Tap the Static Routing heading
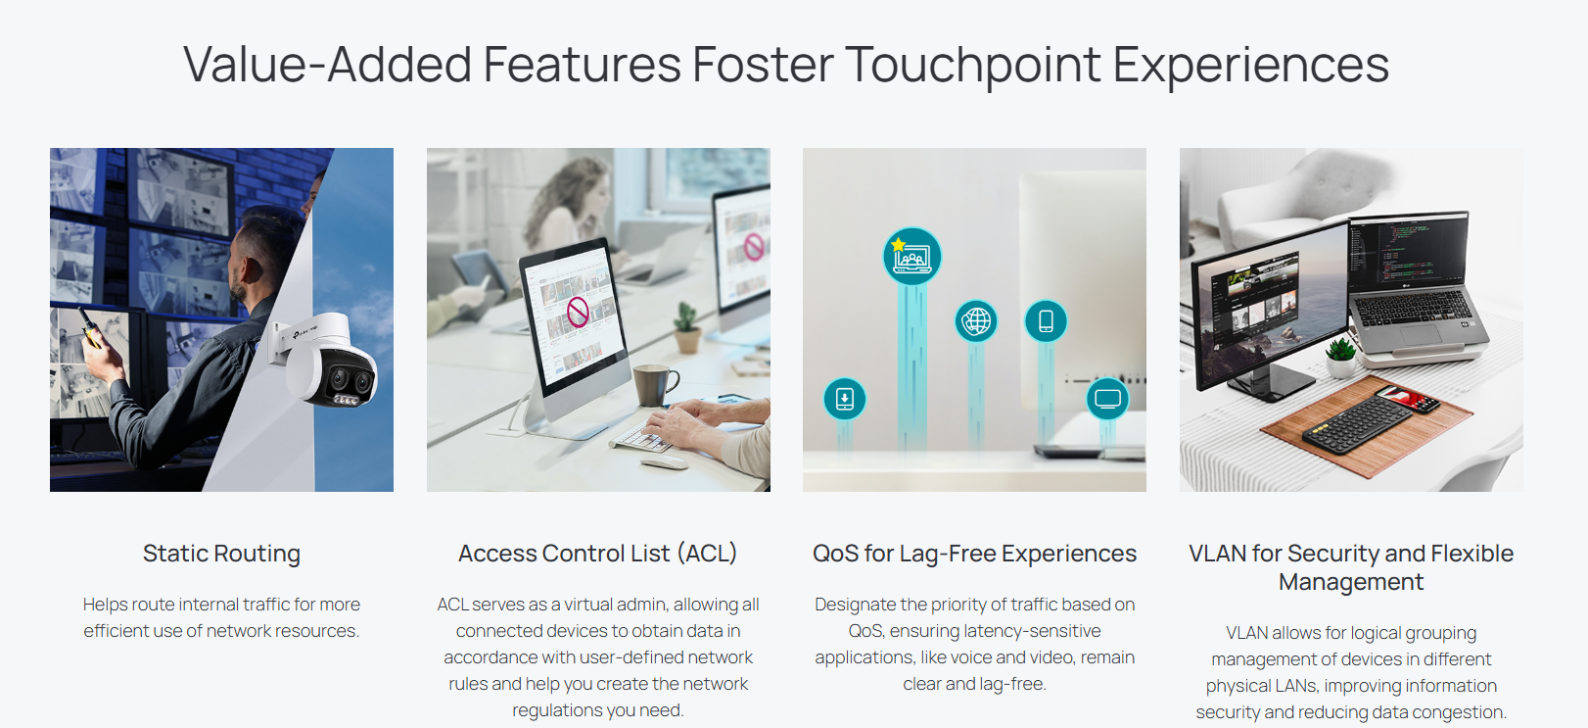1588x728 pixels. point(221,554)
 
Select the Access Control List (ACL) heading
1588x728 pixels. point(597,554)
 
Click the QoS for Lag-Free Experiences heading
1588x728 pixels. point(974,554)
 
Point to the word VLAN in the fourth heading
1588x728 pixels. point(1217,554)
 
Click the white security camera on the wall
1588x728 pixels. point(326,361)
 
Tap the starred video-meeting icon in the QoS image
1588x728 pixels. point(911,256)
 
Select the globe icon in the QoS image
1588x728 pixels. point(976,321)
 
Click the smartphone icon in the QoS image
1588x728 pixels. point(1046,321)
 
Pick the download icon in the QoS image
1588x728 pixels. point(844,399)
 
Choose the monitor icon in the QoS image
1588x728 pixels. point(1107,399)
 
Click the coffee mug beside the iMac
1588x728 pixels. point(655,385)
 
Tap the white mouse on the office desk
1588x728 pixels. point(664,461)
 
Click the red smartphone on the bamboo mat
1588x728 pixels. point(1407,399)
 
